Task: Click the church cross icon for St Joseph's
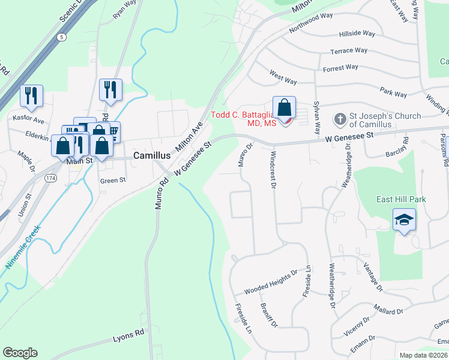pos(340,119)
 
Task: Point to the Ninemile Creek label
pos(23,247)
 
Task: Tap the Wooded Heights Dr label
pos(271,283)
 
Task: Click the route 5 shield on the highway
pos(62,37)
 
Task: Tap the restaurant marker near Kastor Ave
pos(31,96)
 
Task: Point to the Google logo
pos(20,353)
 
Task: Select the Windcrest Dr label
pos(272,170)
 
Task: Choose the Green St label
pos(113,179)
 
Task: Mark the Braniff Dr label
pos(268,315)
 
